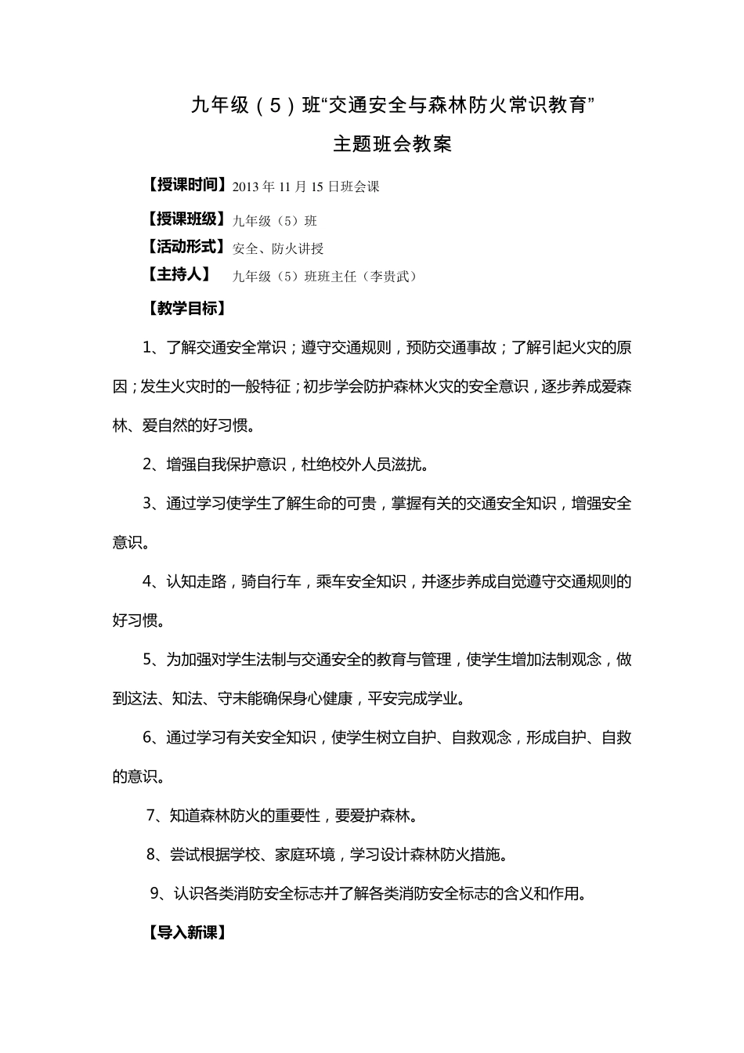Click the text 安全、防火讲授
point(278,249)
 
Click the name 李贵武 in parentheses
point(389,277)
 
